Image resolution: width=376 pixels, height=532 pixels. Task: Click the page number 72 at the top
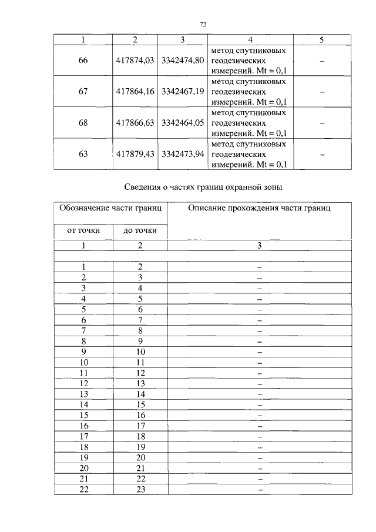tap(203, 24)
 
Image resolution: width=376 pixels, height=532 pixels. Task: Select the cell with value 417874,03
tap(135, 60)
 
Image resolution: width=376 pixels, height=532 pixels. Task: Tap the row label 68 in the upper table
tap(83, 123)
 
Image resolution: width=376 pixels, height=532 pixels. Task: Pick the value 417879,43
tap(135, 154)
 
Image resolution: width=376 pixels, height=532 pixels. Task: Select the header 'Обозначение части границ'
tap(111, 208)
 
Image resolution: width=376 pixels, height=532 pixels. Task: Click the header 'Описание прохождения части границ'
tap(259, 208)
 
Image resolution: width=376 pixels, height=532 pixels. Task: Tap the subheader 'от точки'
tap(83, 231)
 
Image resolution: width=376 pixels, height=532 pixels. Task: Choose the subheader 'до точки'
tap(140, 231)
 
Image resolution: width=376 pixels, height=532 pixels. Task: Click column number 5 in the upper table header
tap(321, 40)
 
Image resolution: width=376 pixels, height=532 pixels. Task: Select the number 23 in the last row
tap(140, 489)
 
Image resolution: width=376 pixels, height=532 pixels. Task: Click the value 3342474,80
tap(182, 60)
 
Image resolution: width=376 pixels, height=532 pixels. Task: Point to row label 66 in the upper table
tap(83, 60)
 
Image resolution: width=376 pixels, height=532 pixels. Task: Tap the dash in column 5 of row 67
tap(321, 91)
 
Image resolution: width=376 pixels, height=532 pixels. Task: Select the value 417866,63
tap(135, 123)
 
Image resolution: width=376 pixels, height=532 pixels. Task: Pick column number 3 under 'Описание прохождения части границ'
tap(259, 246)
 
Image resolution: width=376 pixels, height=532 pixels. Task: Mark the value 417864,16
tap(135, 91)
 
